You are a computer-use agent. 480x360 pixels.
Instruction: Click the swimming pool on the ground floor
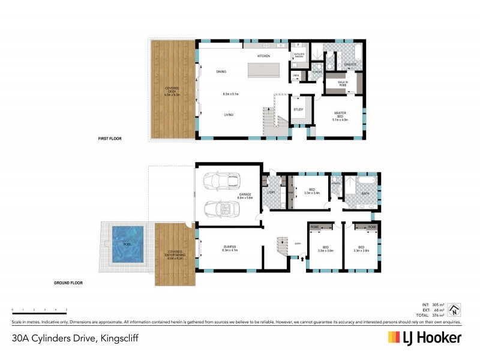[128, 245]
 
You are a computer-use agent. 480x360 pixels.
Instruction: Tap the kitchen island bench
[263, 70]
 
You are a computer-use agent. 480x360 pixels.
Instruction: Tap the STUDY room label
[298, 109]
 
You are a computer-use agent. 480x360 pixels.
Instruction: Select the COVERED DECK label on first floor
[173, 91]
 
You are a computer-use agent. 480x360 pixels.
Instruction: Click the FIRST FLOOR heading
[110, 139]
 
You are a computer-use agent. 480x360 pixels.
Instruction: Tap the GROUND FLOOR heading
[67, 282]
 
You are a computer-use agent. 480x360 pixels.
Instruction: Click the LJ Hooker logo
[424, 337]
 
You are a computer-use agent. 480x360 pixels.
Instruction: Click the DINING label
[221, 71]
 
